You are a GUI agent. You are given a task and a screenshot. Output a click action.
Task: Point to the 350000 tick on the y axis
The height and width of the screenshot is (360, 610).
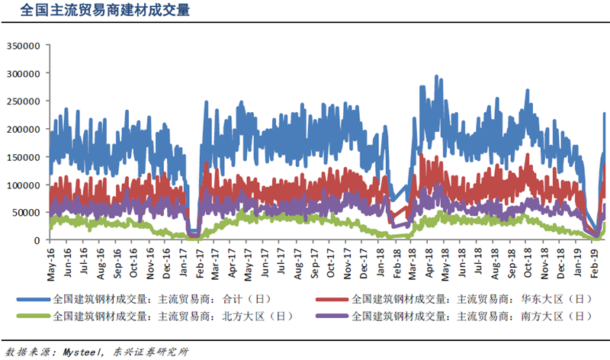(x=22, y=45)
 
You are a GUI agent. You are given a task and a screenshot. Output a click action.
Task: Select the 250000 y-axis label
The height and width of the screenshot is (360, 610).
(x=22, y=101)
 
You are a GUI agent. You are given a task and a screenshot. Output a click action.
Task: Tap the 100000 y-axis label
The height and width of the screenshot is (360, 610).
(x=22, y=185)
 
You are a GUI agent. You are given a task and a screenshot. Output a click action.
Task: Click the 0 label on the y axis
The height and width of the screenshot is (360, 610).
(x=36, y=240)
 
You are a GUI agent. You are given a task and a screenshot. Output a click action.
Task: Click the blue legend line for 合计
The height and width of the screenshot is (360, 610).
(x=35, y=299)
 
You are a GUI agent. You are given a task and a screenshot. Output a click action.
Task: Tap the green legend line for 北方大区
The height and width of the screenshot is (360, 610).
(x=35, y=315)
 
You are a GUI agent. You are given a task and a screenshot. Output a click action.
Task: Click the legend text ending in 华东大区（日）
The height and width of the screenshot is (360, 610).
(x=471, y=299)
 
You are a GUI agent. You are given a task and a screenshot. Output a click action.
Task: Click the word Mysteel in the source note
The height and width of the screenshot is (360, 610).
(x=80, y=351)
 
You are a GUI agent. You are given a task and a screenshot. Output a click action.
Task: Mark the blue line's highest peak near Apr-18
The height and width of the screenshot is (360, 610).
(x=436, y=76)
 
